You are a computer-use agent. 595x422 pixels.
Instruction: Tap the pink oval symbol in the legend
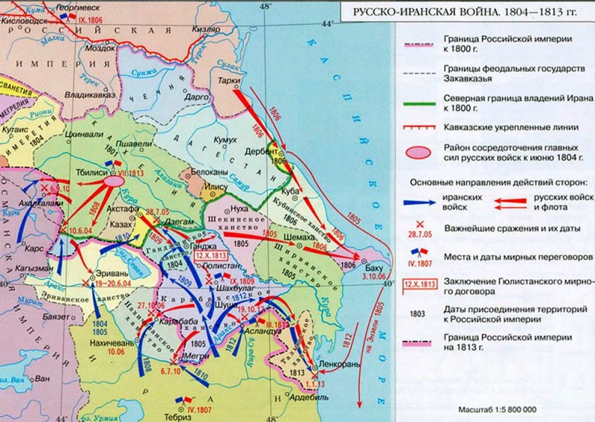click(420, 151)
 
